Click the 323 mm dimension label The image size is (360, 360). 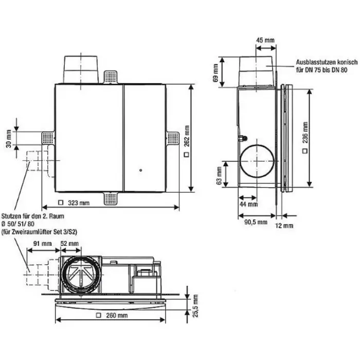79,203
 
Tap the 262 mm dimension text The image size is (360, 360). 187,136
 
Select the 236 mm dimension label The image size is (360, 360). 305,133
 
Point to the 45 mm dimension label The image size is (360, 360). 265,40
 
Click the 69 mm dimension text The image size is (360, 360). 215,73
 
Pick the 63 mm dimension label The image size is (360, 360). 219,176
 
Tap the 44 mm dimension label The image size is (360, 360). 248,204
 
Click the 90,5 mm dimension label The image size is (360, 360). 256,222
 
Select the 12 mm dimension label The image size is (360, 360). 284,226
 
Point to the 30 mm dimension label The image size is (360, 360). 9,138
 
